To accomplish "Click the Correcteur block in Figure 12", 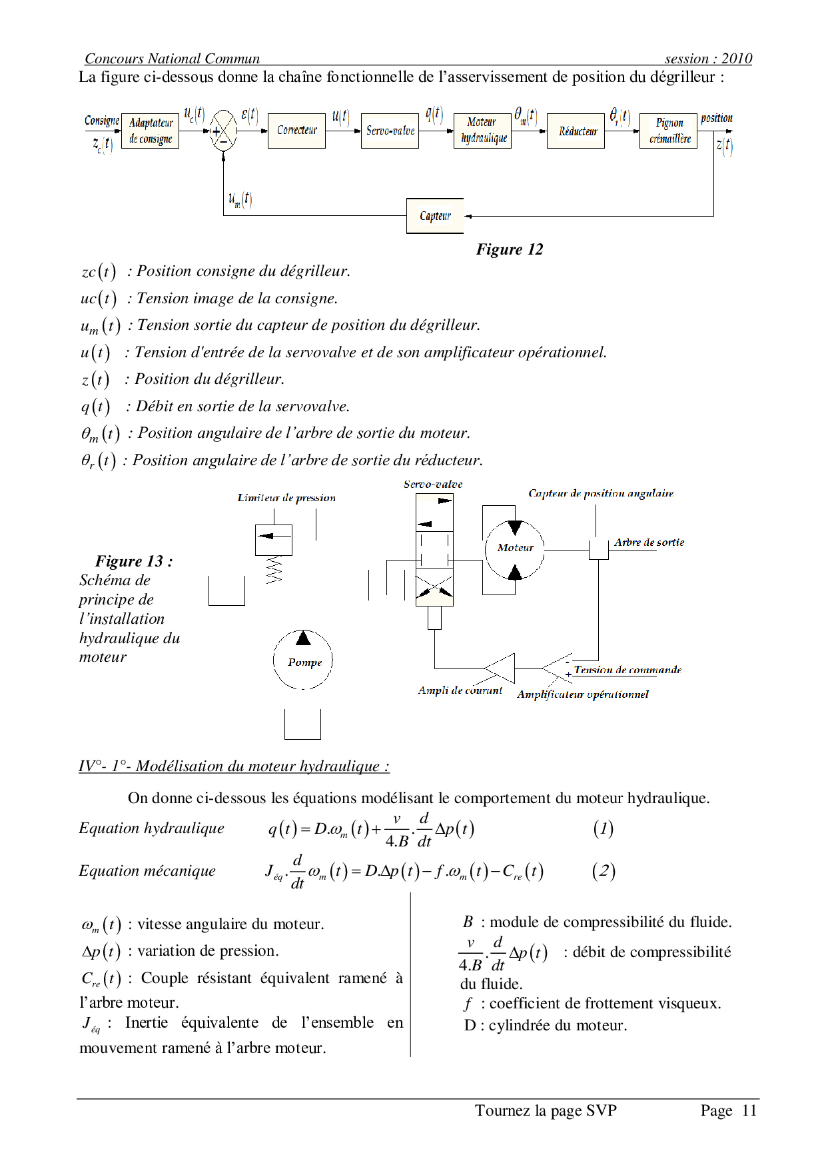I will click(x=296, y=131).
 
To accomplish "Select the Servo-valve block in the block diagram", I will click(x=390, y=131).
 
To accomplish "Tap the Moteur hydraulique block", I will click(x=482, y=131).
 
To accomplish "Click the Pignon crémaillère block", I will click(x=668, y=131).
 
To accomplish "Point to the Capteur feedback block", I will click(x=435, y=216).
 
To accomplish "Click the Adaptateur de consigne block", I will click(x=151, y=131).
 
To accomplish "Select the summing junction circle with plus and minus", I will click(x=224, y=131).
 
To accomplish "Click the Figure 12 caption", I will click(x=510, y=250).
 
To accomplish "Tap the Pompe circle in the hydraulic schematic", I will click(x=303, y=660).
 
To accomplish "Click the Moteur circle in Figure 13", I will click(x=514, y=548).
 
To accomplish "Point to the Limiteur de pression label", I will click(x=286, y=498).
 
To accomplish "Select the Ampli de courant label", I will click(x=460, y=690).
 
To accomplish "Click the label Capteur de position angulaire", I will click(x=601, y=493).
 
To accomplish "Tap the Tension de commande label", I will click(x=627, y=670).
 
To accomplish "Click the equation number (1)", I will click(x=603, y=829).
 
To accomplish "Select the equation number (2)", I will click(x=604, y=871).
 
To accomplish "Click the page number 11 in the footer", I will click(x=749, y=1110).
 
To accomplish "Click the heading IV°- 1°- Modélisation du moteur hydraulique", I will click(x=234, y=766).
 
